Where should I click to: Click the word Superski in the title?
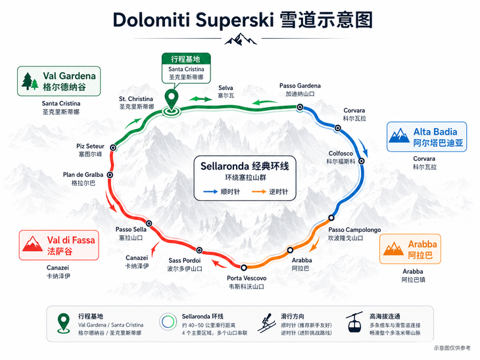(x=235, y=21)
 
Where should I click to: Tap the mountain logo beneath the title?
(x=241, y=39)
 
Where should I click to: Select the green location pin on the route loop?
(x=172, y=101)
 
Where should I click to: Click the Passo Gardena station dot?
(x=300, y=107)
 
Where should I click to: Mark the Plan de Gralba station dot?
(x=110, y=175)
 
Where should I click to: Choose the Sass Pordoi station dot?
(x=199, y=250)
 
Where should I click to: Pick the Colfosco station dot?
(x=362, y=161)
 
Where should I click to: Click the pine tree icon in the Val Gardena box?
(x=30, y=81)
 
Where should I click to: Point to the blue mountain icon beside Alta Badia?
(x=399, y=135)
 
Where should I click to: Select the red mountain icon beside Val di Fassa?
(x=32, y=244)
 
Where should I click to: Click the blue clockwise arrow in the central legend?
(x=210, y=192)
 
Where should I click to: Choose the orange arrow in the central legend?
(x=258, y=192)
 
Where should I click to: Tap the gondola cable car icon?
(x=354, y=323)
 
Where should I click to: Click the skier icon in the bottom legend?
(x=265, y=323)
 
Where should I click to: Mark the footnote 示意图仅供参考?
(x=452, y=348)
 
